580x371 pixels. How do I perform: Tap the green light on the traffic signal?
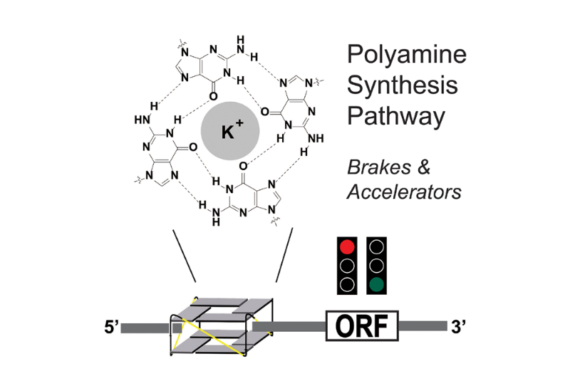tap(377, 286)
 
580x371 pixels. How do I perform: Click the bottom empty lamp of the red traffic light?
tap(347, 286)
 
